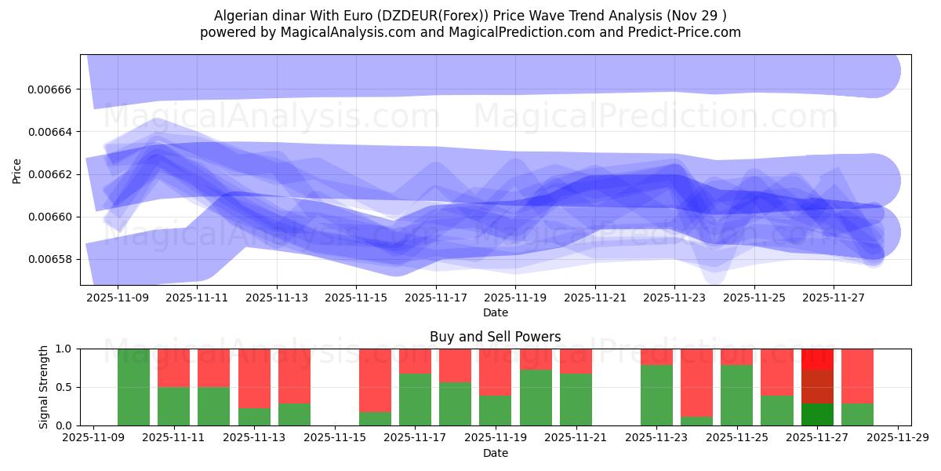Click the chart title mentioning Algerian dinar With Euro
coord(470,16)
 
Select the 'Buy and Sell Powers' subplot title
coord(495,337)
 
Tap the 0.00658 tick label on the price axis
coord(49,259)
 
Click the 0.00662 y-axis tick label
coord(49,174)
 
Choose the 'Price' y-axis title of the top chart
coord(16,170)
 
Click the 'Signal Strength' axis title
coord(44,386)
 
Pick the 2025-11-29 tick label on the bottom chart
coord(897,437)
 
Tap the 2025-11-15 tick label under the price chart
coord(356,298)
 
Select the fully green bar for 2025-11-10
coord(133,387)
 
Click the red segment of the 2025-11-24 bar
coord(696,382)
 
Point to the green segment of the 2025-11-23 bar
coord(656,395)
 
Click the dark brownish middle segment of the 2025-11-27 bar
coord(817,386)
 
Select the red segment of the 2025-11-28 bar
coord(857,375)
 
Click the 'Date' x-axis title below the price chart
coord(495,312)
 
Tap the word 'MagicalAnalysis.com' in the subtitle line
coord(322,32)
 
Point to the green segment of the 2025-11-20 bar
coord(536,397)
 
